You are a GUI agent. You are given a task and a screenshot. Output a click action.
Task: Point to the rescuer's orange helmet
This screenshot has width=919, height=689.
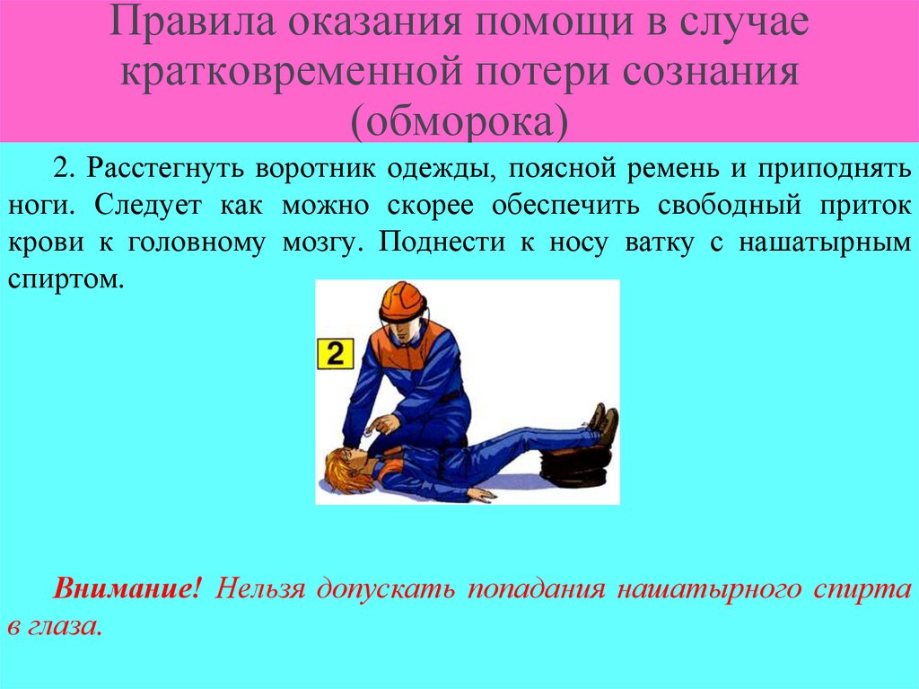(402, 301)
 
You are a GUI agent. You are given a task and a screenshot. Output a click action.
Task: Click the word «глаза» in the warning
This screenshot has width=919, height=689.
(66, 626)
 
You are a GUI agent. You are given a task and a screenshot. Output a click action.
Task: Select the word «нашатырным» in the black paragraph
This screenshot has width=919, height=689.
(834, 243)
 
